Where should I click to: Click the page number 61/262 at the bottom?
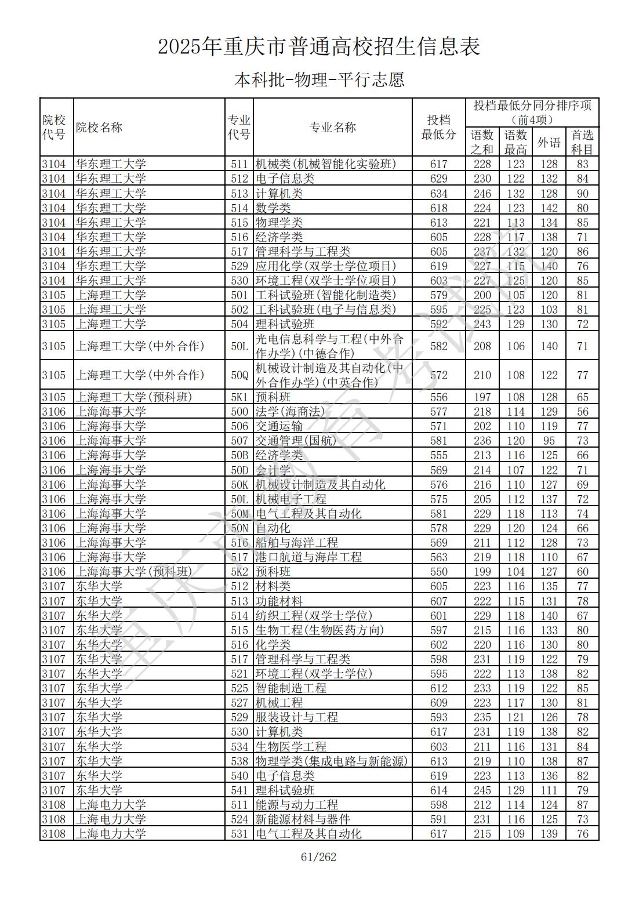coord(319,857)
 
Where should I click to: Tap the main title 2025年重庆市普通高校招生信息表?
coord(319,47)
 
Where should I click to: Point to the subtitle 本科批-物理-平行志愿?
coord(319,79)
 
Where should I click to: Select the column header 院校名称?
coord(99,128)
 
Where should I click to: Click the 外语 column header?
coord(549,142)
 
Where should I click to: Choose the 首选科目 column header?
coord(582,142)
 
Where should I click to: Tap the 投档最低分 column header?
coord(438,128)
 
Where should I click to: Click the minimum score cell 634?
coord(438,194)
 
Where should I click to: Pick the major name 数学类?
coord(273,208)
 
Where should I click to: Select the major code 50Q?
coord(239,375)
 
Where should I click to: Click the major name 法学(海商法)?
coord(290,412)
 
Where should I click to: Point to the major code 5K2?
coord(239,572)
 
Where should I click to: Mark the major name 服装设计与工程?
coord(297,717)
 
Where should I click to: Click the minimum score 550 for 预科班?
coord(438,572)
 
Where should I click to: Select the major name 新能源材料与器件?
coord(303,819)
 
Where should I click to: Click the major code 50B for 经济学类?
coord(239,455)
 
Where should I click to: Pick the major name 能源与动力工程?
coord(297,805)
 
